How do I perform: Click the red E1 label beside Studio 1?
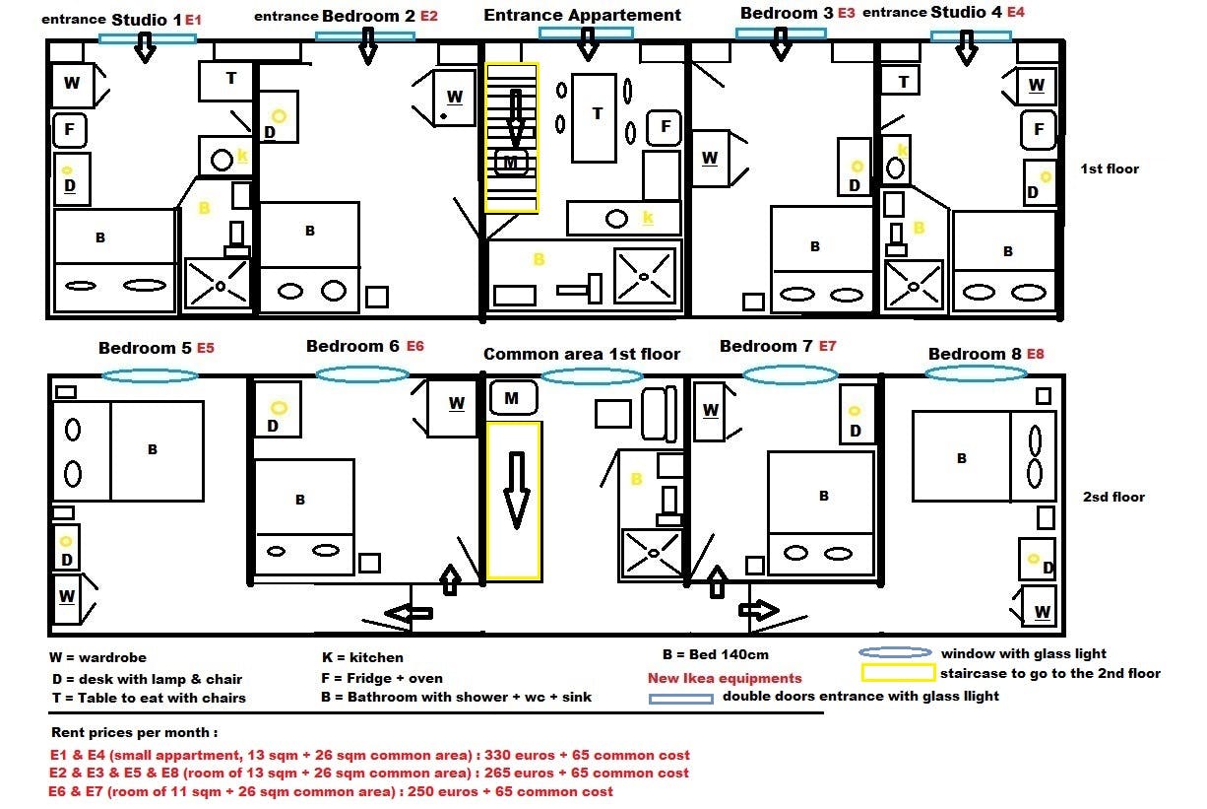tap(193, 20)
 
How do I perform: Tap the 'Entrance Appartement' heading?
tap(582, 15)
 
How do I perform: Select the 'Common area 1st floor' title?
tap(581, 354)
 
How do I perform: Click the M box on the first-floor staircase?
tap(511, 161)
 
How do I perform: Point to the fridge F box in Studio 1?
tap(70, 129)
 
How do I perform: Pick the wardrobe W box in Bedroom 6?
tap(455, 403)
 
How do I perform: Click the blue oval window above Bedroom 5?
tap(150, 375)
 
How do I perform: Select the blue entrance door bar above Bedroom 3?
tap(781, 33)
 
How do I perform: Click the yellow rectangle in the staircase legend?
tap(897, 674)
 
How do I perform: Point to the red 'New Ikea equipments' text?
tap(725, 678)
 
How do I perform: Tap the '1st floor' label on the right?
tap(1110, 169)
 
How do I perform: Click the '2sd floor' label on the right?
tap(1113, 497)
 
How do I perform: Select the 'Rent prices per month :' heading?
tap(134, 733)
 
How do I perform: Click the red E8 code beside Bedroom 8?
tap(1036, 354)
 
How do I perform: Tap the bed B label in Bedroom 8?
tap(961, 458)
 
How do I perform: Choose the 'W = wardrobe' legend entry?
tap(97, 657)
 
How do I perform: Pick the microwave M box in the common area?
tap(512, 398)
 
